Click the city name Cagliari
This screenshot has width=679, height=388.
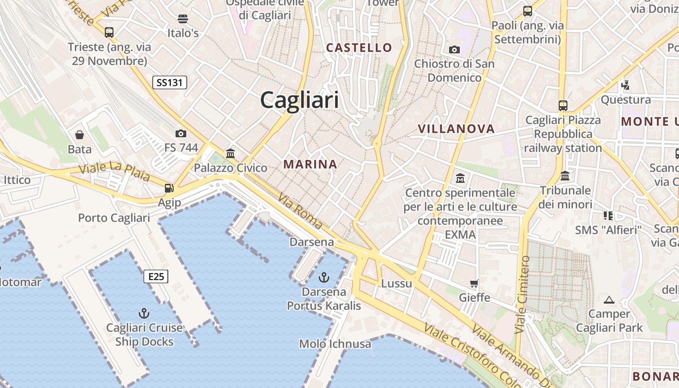(299, 100)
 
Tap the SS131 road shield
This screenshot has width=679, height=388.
(169, 82)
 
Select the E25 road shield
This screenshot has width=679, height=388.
(156, 277)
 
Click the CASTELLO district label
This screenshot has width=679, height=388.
(359, 48)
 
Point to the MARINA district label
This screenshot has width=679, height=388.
(310, 164)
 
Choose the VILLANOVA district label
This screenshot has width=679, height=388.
(456, 129)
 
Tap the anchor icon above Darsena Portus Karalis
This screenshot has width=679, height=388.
(323, 277)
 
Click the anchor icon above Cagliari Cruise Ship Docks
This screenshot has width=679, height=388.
(144, 313)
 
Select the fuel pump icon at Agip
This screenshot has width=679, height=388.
(169, 188)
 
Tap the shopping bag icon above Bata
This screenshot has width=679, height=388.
(80, 134)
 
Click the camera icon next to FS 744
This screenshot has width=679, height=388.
(181, 133)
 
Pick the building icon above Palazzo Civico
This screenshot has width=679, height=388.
(230, 154)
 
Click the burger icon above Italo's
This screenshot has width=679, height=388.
(183, 19)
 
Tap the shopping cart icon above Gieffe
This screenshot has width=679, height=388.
(474, 283)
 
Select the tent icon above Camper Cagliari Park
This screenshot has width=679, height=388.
(609, 300)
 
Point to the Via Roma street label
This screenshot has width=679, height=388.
(300, 210)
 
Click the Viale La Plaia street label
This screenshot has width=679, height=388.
(114, 172)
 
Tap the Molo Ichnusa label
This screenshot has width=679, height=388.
(335, 344)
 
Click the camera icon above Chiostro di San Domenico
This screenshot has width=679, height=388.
(454, 49)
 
